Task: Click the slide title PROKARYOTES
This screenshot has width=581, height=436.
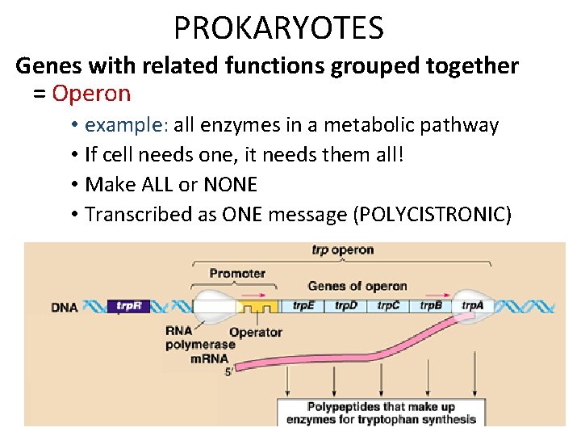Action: (278, 28)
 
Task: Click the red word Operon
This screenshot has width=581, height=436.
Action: (91, 94)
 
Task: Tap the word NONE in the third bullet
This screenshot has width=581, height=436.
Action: (230, 184)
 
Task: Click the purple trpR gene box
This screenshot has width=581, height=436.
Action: (128, 307)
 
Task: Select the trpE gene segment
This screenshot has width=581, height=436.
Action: (304, 307)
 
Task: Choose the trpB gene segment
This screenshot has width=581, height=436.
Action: (432, 307)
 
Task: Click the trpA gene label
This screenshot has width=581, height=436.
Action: (474, 307)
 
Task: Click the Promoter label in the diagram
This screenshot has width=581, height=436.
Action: (237, 274)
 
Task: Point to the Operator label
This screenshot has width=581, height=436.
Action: (256, 332)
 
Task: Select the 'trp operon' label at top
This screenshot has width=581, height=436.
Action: (342, 249)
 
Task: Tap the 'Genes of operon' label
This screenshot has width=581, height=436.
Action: (357, 287)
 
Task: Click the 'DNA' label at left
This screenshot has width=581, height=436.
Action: (65, 308)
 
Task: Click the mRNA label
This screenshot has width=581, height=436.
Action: (209, 359)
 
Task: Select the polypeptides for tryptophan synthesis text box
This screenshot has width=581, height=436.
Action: (381, 413)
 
